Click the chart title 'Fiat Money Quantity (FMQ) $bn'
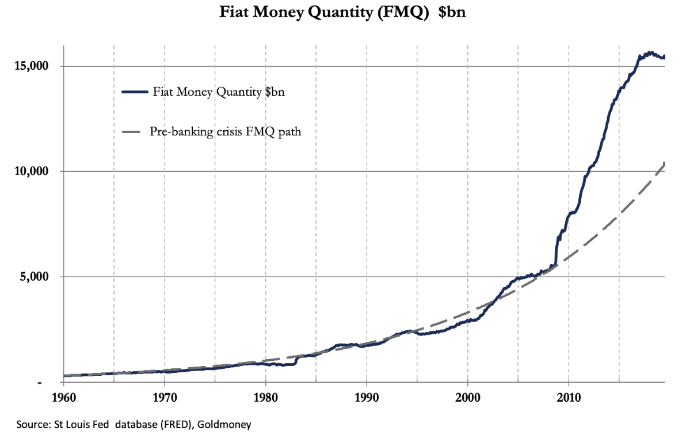coord(342,13)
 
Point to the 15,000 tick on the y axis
coord(30,66)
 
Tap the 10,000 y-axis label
coord(30,171)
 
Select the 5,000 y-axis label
coord(32,277)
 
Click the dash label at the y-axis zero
coord(40,383)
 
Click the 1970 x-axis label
coord(164,398)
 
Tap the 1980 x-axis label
coord(265,398)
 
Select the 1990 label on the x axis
coord(367,398)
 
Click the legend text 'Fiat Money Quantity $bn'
coord(219,92)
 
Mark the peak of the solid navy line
coord(650,52)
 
